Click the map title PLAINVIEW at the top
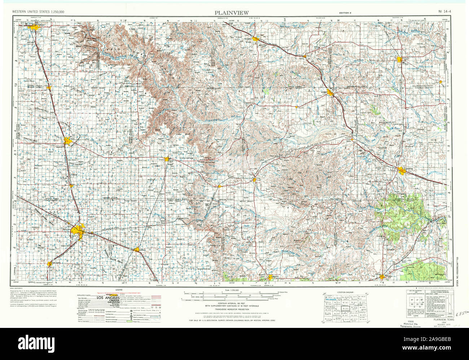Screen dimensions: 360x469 (x=232, y=13)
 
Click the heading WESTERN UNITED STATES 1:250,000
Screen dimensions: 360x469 (x=38, y=12)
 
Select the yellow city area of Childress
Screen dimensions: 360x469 (x=403, y=170)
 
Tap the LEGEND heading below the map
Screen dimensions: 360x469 (x=119, y=290)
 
